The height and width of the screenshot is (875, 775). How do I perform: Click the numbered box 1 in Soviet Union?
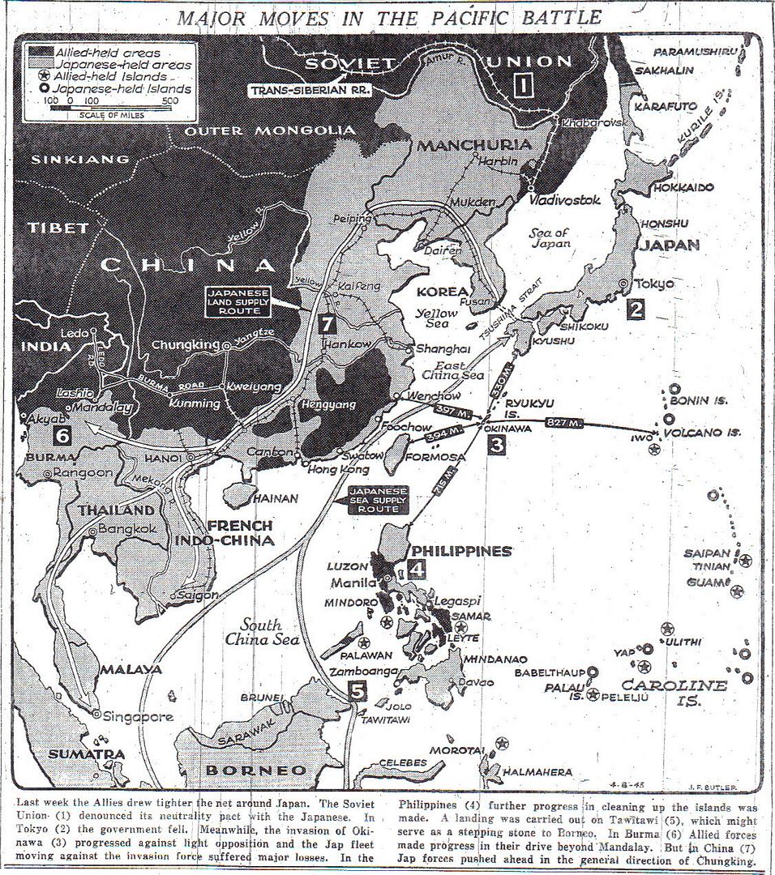525,83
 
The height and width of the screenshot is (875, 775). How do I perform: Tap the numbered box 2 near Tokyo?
636,309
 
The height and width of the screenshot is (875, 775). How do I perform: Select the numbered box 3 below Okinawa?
497,443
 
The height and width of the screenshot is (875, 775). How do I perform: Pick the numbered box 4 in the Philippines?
417,569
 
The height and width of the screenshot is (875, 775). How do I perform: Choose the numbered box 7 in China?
327,323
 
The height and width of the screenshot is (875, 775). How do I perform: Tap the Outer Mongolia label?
269,130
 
